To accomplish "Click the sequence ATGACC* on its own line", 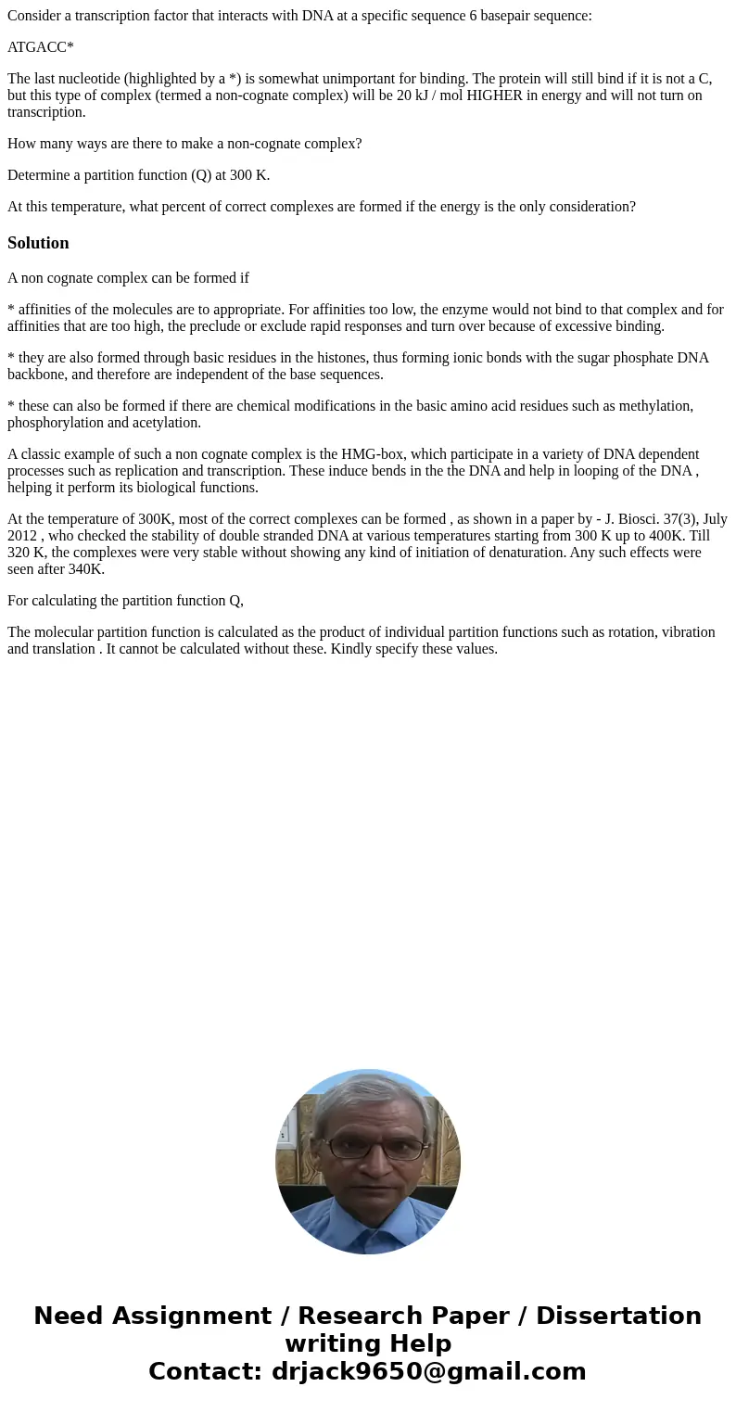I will click(40, 47).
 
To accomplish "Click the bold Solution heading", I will click(38, 243).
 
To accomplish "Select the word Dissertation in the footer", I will click(618, 1316).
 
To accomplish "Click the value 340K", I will click(86, 569).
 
